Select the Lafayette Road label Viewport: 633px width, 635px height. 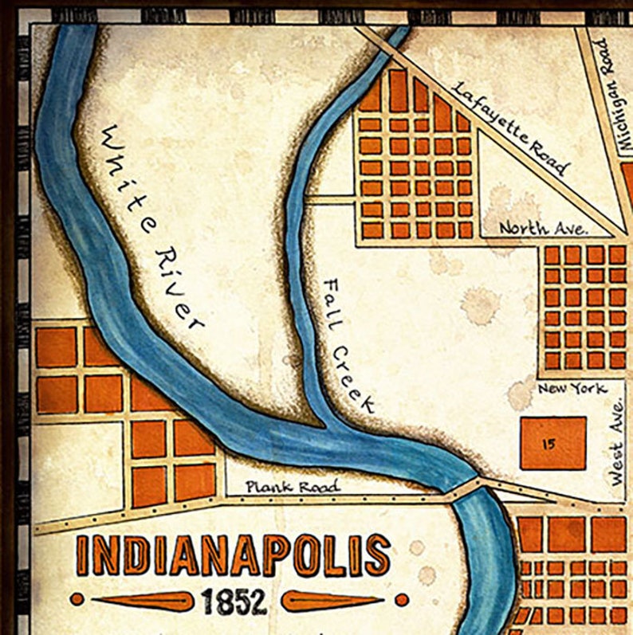[511, 127]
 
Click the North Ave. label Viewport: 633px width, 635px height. [544, 228]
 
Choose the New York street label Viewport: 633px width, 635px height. [572, 389]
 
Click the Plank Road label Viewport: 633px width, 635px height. [293, 486]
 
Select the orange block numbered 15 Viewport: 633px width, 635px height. [552, 443]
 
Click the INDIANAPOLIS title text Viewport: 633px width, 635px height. [234, 555]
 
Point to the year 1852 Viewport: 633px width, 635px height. [234, 601]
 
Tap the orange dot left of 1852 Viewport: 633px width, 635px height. [77, 599]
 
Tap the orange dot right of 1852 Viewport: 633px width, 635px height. [402, 599]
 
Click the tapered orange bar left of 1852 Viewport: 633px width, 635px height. [144, 600]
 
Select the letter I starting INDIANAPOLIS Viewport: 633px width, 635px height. [84, 555]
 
